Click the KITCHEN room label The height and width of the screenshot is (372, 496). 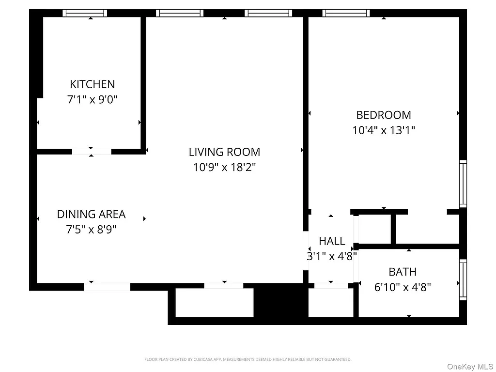pyautogui.click(x=92, y=84)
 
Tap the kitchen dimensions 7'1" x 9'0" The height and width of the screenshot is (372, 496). pyautogui.click(x=92, y=100)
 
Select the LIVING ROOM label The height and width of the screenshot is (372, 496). pyautogui.click(x=224, y=152)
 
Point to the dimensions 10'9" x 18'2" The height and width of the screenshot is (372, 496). pyautogui.click(x=224, y=168)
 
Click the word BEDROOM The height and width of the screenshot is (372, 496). pyautogui.click(x=383, y=115)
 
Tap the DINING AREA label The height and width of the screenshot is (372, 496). pyautogui.click(x=91, y=214)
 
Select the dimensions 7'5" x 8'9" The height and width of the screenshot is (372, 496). pyautogui.click(x=91, y=230)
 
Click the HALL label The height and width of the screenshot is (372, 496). pyautogui.click(x=332, y=241)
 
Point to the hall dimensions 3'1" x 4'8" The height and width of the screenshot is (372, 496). pyautogui.click(x=332, y=256)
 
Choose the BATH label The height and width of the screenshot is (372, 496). pyautogui.click(x=403, y=272)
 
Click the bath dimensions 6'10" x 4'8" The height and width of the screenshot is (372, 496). pyautogui.click(x=403, y=287)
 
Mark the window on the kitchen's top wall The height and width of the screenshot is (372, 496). pyautogui.click(x=85, y=13)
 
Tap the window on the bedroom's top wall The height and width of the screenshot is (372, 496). pyautogui.click(x=346, y=13)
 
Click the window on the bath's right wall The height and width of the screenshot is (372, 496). pyautogui.click(x=463, y=280)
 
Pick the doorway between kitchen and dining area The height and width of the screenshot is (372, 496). pyautogui.click(x=92, y=152)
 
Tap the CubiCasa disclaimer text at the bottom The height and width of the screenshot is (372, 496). pyautogui.click(x=248, y=359)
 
